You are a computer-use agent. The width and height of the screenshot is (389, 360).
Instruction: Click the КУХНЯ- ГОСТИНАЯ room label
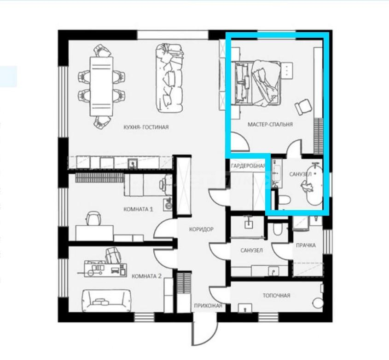(x=146, y=127)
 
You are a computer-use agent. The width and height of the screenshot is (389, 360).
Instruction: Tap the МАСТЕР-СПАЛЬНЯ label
(x=270, y=124)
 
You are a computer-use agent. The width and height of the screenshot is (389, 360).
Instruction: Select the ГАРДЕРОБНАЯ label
(x=248, y=166)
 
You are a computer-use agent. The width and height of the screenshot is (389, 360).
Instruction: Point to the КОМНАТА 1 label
(x=138, y=209)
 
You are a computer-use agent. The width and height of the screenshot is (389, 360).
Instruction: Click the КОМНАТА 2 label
(x=146, y=276)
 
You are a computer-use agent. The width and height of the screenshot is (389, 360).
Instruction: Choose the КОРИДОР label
(x=201, y=229)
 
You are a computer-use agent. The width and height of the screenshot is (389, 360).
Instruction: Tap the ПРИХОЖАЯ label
(x=208, y=306)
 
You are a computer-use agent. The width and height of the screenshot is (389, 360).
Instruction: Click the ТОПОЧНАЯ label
(x=276, y=295)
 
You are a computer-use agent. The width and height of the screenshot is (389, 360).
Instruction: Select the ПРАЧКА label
(x=306, y=245)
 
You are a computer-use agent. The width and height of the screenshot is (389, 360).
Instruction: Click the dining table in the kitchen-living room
(x=101, y=86)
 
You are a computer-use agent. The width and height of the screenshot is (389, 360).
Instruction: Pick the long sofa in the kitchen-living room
(x=169, y=78)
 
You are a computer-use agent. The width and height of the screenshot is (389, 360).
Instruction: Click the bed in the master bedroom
(x=257, y=84)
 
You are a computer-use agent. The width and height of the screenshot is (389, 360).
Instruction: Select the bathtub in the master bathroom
(x=314, y=184)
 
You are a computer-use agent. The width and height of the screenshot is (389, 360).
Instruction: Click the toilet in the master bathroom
(x=284, y=200)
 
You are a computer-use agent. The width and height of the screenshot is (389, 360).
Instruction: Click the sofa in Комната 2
(x=106, y=300)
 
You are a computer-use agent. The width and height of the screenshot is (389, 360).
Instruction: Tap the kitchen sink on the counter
(x=133, y=164)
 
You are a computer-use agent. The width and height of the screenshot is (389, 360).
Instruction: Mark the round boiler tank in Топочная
(x=318, y=303)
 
